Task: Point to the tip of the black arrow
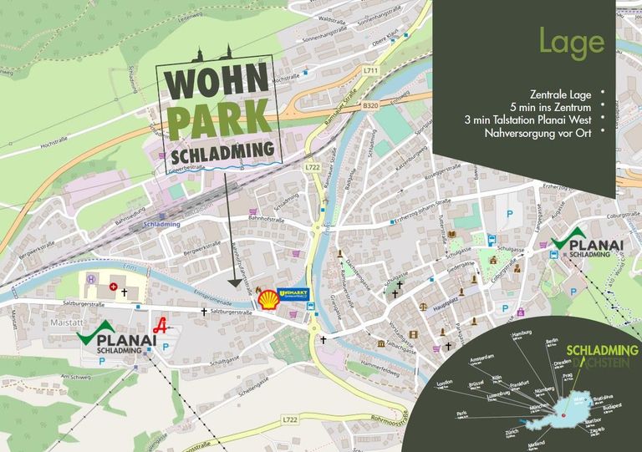(x=234, y=287)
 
